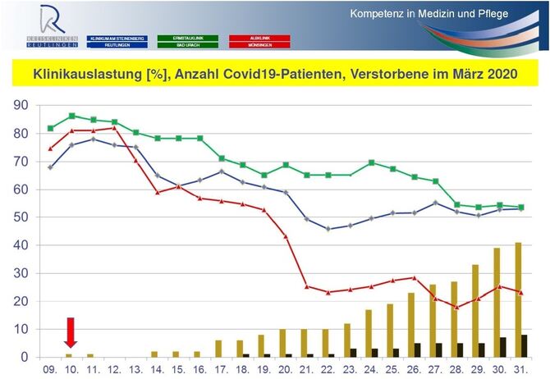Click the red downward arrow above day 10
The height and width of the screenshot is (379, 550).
coord(71,332)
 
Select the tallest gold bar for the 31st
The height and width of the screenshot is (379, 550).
coord(517,299)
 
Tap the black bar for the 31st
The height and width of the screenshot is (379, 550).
coord(525,346)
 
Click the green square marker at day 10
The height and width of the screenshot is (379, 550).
coord(72,116)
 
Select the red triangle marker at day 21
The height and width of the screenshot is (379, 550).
coord(306,286)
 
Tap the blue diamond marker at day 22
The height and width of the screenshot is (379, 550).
coord(328,229)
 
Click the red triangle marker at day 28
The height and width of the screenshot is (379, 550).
coord(456,307)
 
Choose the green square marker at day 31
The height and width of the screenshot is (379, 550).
coord(520,207)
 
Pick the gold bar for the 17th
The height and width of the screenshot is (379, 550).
coord(218,349)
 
